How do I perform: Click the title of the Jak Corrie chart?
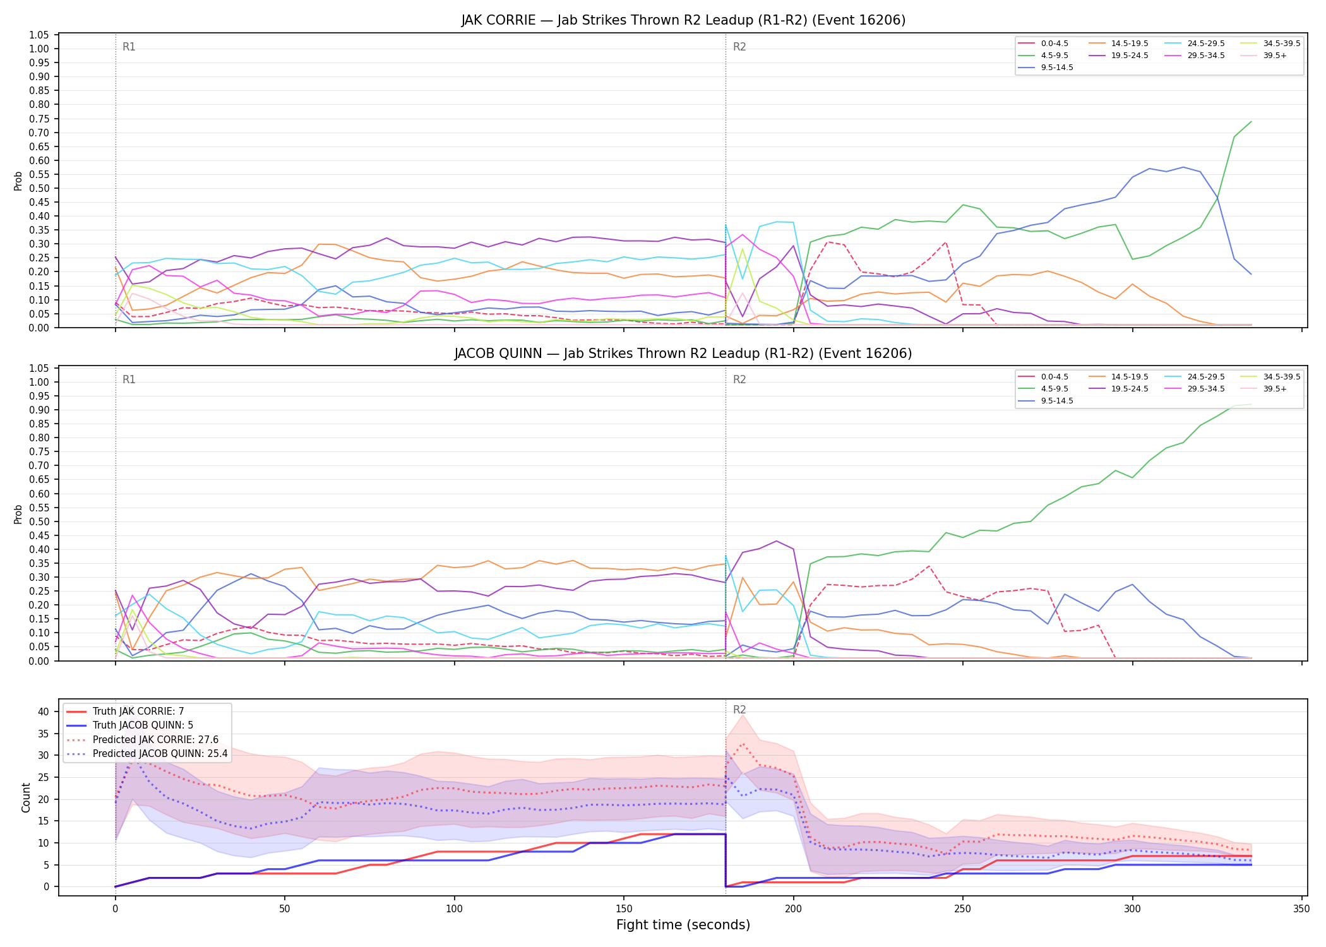(x=683, y=20)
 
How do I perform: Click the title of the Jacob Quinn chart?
(x=683, y=354)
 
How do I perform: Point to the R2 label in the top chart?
(x=739, y=47)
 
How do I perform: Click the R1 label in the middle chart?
(x=129, y=379)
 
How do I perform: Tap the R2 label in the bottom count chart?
(x=739, y=710)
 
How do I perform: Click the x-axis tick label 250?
(x=962, y=909)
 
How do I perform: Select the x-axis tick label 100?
(x=454, y=909)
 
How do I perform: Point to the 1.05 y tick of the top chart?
(x=39, y=35)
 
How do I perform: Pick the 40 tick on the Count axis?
(x=44, y=712)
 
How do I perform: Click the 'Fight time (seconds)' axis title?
(x=683, y=926)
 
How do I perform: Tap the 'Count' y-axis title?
(x=26, y=797)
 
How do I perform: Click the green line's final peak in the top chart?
(x=1251, y=122)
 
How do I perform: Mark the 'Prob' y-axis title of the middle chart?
(x=18, y=514)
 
